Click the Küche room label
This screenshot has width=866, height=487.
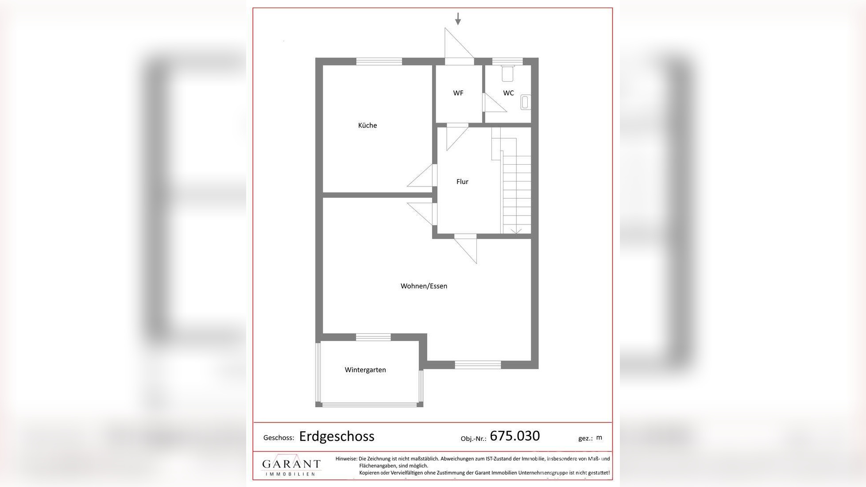(x=367, y=125)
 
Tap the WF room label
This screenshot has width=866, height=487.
(x=458, y=93)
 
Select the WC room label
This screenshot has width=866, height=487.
(x=508, y=93)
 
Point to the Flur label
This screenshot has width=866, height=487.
(x=462, y=182)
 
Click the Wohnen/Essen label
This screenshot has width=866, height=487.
(x=424, y=286)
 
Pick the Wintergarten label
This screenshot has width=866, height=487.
(x=365, y=370)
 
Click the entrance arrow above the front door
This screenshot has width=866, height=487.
(x=458, y=19)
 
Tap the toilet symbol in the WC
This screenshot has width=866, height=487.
(x=507, y=73)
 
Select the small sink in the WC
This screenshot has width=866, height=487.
(x=525, y=102)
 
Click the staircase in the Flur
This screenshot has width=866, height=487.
(x=516, y=190)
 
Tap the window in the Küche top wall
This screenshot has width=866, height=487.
(x=379, y=62)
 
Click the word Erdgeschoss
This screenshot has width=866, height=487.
(x=336, y=437)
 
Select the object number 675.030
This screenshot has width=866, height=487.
(x=514, y=436)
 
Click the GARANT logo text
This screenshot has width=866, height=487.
(x=291, y=464)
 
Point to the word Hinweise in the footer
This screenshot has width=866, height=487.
(x=346, y=459)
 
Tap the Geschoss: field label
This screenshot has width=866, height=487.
(x=278, y=438)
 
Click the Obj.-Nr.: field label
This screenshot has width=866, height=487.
(x=473, y=439)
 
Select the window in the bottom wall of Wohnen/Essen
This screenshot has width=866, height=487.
(x=478, y=365)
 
